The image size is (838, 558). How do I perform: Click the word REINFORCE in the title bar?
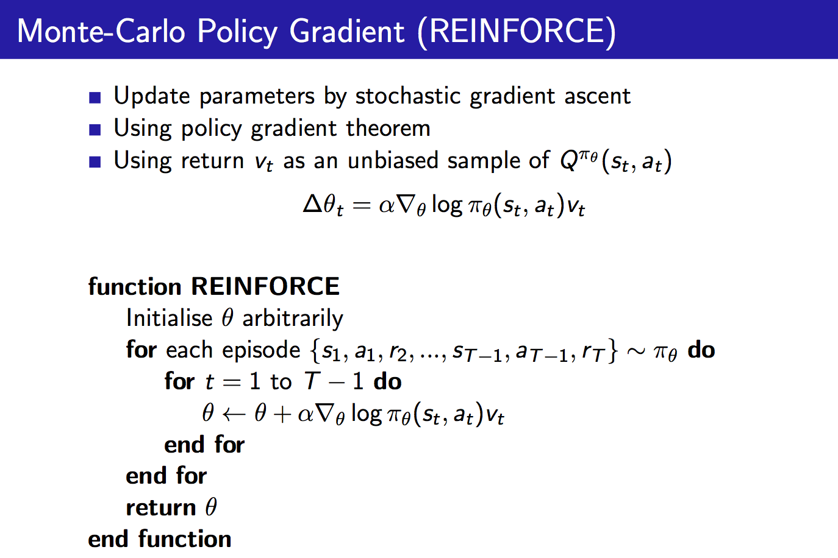coord(516,31)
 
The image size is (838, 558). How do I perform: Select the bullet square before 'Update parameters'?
coord(95,97)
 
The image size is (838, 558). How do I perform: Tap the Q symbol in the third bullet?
coord(569,161)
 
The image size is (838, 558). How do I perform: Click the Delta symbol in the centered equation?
coord(312,204)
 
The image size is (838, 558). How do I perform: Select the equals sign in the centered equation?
coord(361,206)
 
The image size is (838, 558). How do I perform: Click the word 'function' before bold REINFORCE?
coord(135,286)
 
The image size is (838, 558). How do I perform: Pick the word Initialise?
coord(169,318)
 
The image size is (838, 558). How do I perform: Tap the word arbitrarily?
coord(293,319)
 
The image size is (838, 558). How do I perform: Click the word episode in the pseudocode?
coord(261,350)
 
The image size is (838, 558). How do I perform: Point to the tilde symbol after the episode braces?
coord(636,351)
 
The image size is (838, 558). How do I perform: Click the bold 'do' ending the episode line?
coord(701,350)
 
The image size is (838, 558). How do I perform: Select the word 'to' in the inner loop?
coord(281,382)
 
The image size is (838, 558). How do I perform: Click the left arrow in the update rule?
coord(233,414)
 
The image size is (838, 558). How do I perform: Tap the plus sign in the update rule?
coord(282,414)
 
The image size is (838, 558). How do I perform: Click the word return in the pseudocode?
coord(160,507)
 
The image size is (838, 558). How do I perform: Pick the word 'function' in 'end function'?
coord(184,539)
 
